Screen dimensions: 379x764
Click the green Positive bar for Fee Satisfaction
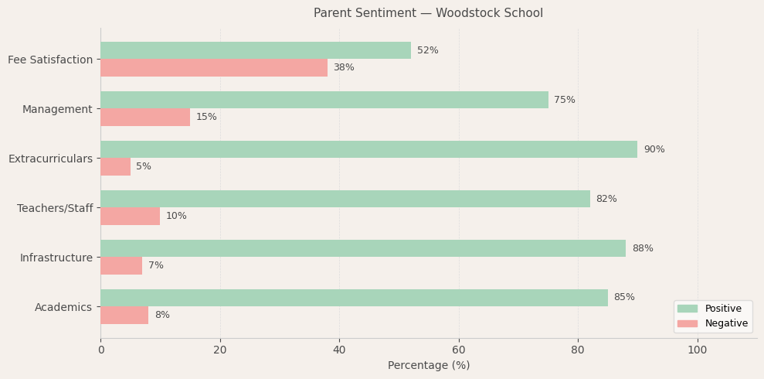[x=255, y=50]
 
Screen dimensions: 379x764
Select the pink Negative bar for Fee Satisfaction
[x=213, y=68]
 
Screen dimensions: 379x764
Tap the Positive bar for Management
[x=324, y=100]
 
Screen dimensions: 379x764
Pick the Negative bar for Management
[x=145, y=118]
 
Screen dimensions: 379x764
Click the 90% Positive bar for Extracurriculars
[x=368, y=149]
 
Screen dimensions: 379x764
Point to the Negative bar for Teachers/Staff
[x=130, y=217]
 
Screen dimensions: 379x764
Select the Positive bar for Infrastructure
[x=362, y=248]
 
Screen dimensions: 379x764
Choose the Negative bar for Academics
[x=124, y=316]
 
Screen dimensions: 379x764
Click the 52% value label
[x=427, y=51]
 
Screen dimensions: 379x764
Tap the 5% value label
[x=144, y=167]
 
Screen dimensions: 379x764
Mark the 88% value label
[x=642, y=249]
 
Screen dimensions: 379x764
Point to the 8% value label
[x=162, y=316]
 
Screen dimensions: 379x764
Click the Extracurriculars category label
[x=50, y=159]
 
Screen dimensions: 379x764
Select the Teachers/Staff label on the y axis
[x=55, y=208]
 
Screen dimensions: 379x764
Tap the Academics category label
[x=63, y=307]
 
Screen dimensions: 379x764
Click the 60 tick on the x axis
[x=459, y=350]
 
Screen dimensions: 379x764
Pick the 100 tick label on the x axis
[x=697, y=350]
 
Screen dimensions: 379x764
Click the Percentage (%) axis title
[x=428, y=366]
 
